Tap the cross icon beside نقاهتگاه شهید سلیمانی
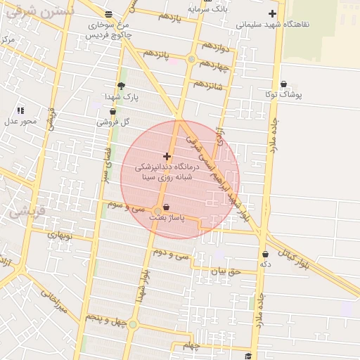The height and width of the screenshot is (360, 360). coord(272,13)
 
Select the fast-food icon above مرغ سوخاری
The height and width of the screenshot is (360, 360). coord(108,13)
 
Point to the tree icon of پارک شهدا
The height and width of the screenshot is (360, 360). coord(121,86)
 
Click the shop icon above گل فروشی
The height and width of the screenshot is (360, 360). coord(112,111)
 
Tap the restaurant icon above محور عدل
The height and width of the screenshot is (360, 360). coord(20,110)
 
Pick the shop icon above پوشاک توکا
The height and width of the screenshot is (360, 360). coord(283,84)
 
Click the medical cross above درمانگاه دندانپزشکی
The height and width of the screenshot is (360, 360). coord(167,156)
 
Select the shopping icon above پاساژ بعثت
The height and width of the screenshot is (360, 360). coord(166,207)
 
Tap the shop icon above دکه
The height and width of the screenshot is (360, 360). coord(265,255)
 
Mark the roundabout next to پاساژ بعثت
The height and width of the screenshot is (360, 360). coord(157,210)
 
